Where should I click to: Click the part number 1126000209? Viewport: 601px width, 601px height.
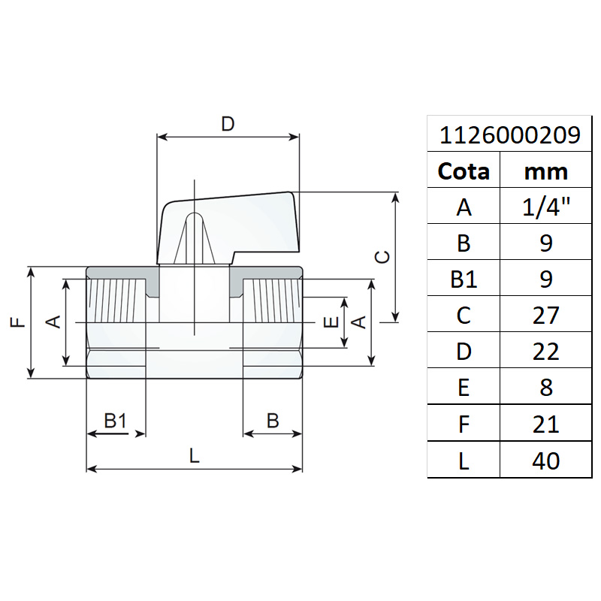[509, 135]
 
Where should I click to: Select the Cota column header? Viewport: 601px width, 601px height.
[464, 171]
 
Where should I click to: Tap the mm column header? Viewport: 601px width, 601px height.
[545, 171]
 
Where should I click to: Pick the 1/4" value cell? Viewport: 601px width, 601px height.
[545, 207]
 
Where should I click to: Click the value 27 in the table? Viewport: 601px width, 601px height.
[545, 315]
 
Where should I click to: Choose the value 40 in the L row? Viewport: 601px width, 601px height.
[545, 460]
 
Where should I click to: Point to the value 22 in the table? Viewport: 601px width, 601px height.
[545, 351]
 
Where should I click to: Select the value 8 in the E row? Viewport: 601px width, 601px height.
[545, 387]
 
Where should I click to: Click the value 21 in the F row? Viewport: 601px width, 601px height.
[545, 424]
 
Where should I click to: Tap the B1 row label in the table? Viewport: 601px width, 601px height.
[464, 279]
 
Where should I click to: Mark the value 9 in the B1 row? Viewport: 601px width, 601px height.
[545, 279]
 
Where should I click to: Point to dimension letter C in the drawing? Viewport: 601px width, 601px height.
[382, 257]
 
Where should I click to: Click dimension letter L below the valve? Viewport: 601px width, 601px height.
[195, 455]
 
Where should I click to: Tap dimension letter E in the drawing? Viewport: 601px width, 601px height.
[328, 323]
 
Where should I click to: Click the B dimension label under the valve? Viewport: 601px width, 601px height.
[273, 421]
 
